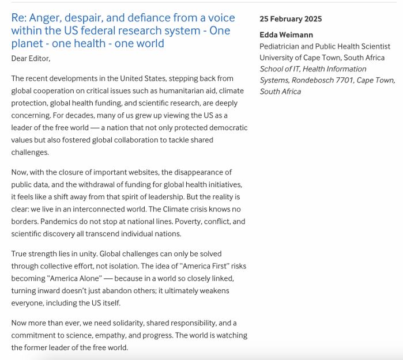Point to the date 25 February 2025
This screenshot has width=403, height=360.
tap(291, 19)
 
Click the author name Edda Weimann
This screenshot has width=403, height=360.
tap(287, 35)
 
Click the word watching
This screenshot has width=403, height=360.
tap(231, 335)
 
